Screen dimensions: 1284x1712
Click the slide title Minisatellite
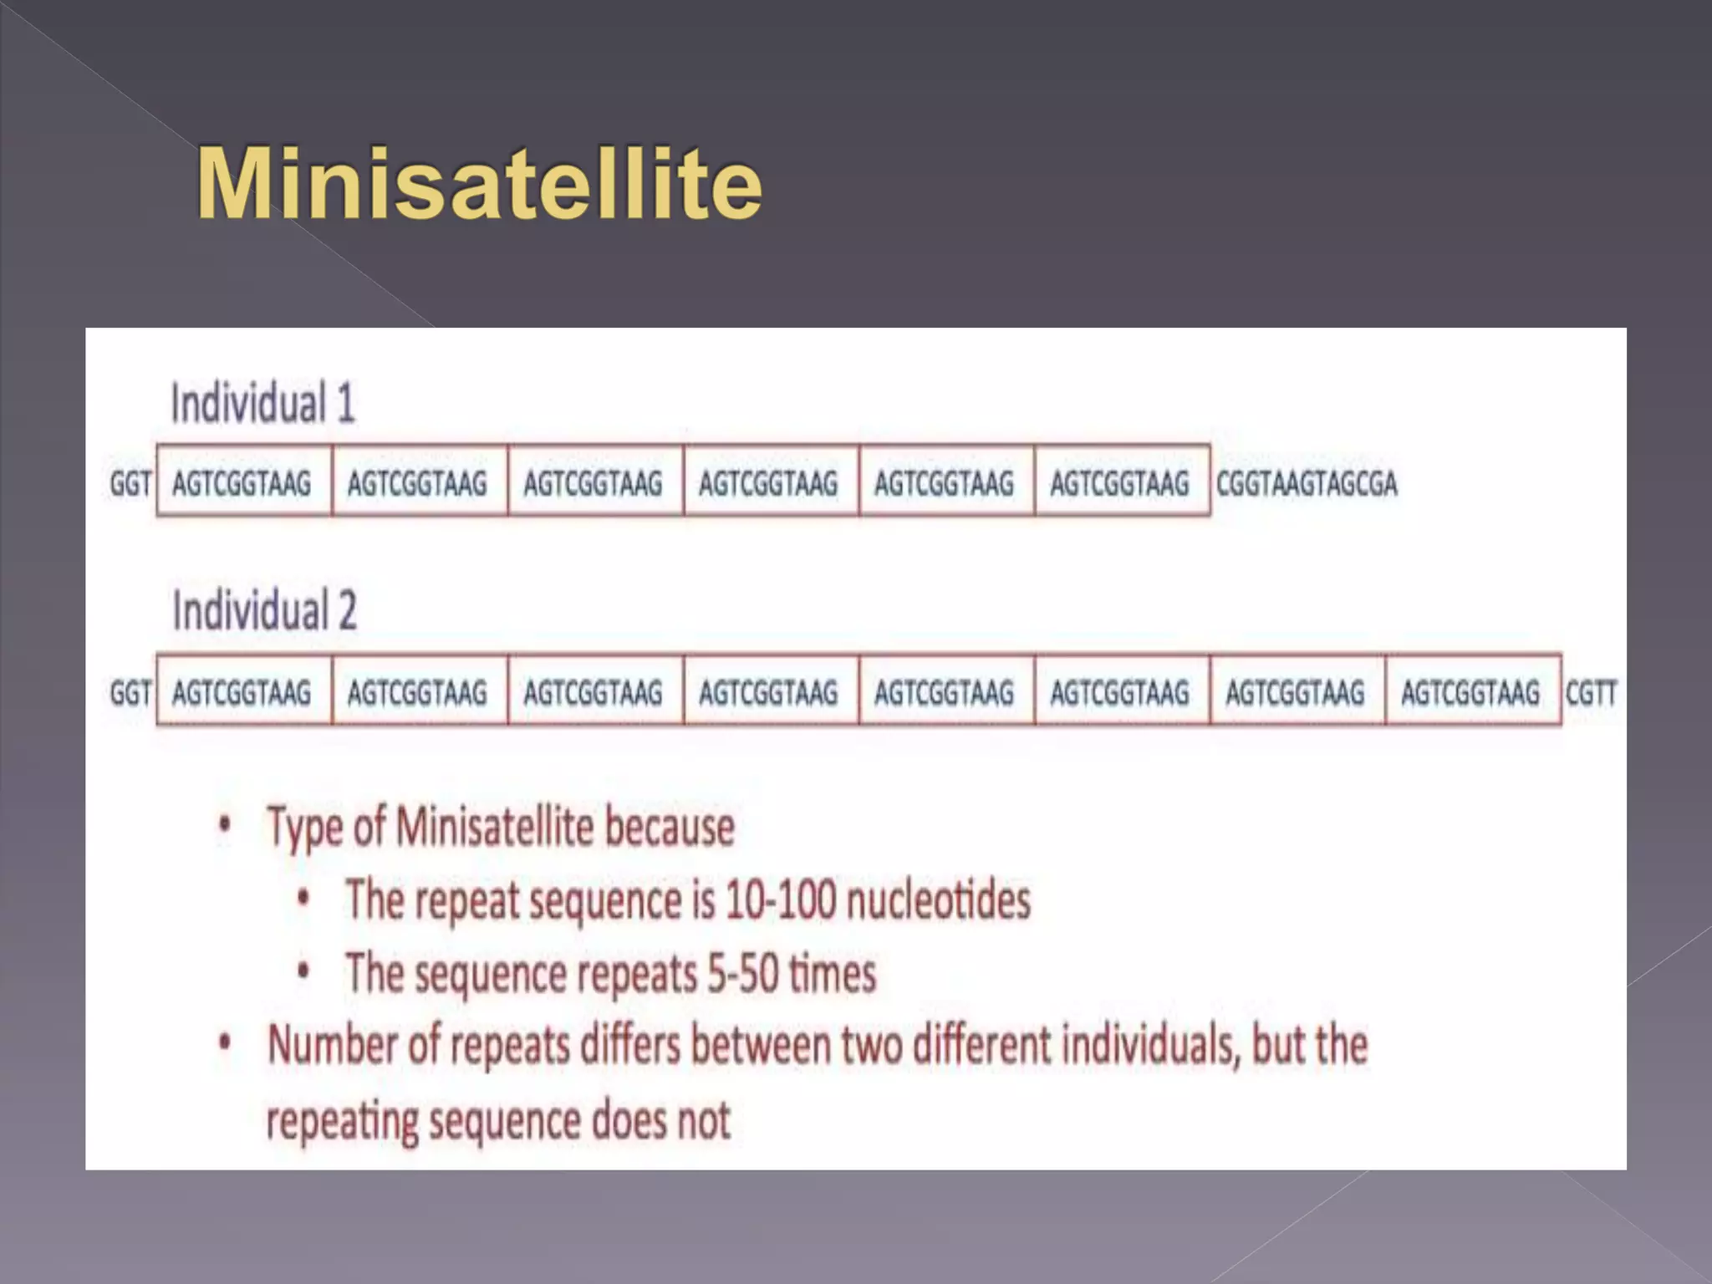tap(479, 184)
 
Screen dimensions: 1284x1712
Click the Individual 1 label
tap(263, 404)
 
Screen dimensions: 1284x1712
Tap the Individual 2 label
tap(264, 610)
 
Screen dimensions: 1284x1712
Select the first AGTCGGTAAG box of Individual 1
tap(242, 482)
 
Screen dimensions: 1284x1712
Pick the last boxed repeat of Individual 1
tap(1120, 482)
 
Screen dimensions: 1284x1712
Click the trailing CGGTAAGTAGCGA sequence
tap(1307, 483)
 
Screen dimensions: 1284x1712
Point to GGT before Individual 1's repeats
tap(130, 483)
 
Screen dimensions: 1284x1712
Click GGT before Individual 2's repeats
tap(130, 693)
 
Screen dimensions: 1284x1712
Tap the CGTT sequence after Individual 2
tap(1591, 693)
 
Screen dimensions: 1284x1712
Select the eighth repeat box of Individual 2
tap(1471, 692)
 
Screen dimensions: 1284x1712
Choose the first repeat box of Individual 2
tap(242, 692)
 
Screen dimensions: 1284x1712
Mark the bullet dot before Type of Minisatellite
tap(224, 826)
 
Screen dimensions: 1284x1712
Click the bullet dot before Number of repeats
tap(224, 1044)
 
